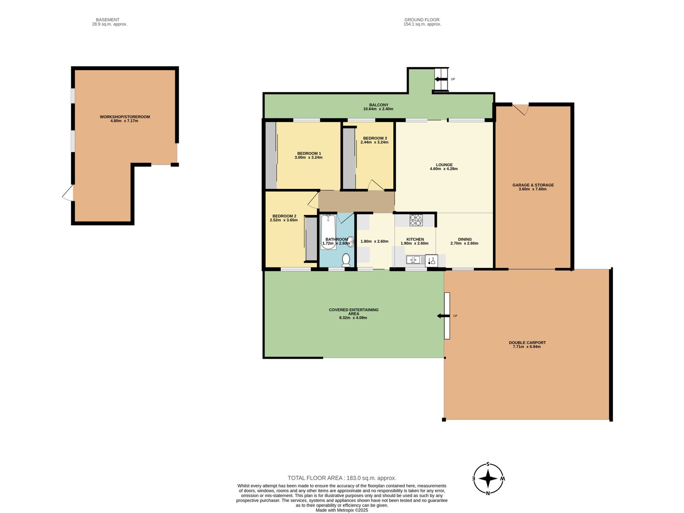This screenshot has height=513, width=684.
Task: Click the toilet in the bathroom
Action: (x=346, y=259)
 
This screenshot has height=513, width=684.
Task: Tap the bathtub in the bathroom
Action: (x=328, y=232)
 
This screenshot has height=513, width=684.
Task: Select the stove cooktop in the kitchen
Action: (x=416, y=220)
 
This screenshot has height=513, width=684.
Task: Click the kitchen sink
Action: (x=413, y=259)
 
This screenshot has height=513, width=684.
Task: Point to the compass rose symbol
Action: (x=488, y=479)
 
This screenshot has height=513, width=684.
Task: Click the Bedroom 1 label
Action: (x=309, y=153)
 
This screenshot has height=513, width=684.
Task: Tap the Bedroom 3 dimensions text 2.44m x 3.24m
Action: (x=374, y=142)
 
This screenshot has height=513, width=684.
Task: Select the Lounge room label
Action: (x=444, y=165)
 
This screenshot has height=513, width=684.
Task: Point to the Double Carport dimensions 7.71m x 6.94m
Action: (x=527, y=347)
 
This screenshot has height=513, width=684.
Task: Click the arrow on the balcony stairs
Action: (x=440, y=79)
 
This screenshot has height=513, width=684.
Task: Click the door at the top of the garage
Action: (x=521, y=109)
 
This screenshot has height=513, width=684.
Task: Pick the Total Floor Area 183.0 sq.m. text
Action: (x=342, y=478)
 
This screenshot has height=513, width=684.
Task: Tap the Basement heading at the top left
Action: (x=108, y=20)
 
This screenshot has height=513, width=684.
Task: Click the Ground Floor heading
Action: (x=422, y=20)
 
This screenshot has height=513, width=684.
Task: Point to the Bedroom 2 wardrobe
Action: (x=310, y=239)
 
